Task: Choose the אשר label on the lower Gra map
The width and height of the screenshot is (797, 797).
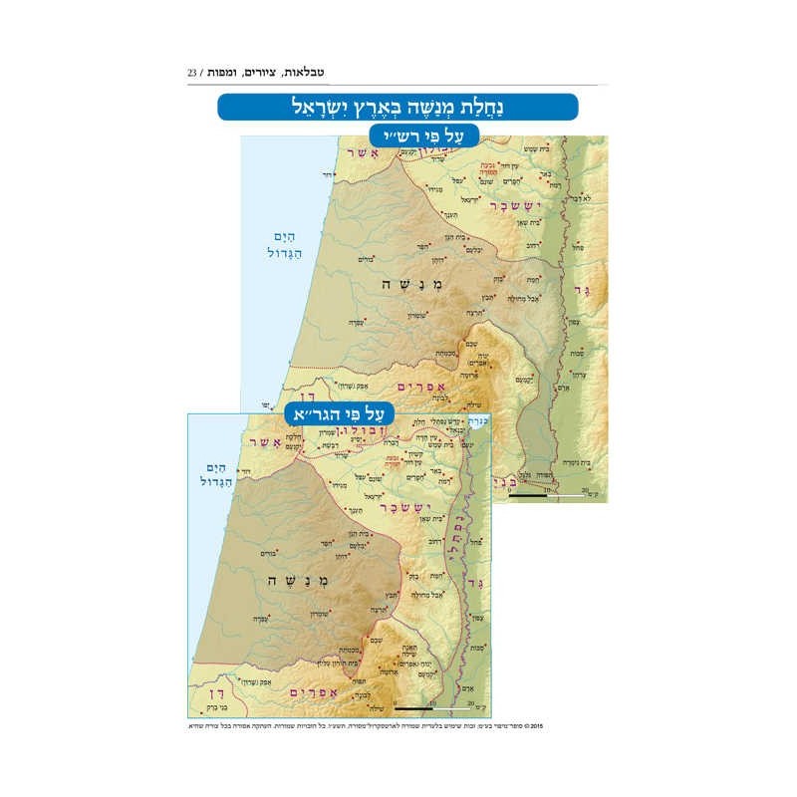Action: [267, 441]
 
